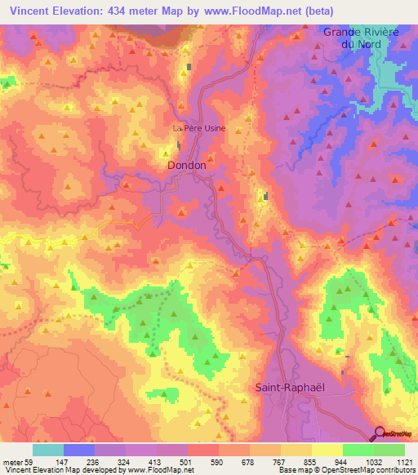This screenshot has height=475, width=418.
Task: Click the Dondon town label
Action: [186, 164]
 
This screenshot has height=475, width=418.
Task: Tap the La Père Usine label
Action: [197, 128]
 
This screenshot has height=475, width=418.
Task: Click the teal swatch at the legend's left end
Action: [48, 450]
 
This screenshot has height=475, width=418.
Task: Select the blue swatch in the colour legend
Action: [79, 450]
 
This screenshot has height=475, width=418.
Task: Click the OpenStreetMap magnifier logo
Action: [380, 433]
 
